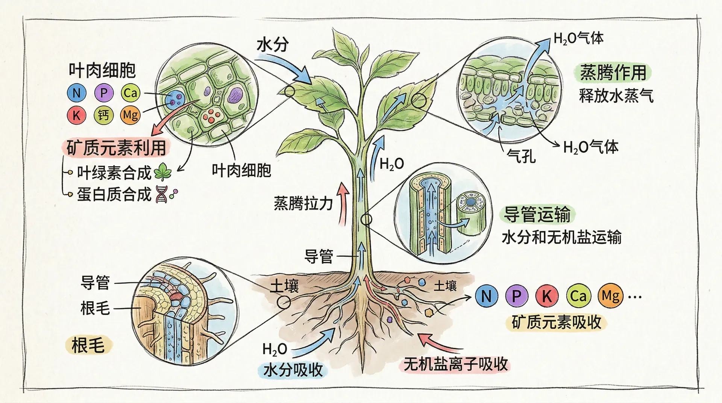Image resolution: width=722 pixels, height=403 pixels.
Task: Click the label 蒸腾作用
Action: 613,73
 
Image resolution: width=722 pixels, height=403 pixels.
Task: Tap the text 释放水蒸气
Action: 616,96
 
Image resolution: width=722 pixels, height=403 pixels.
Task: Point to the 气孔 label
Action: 521,155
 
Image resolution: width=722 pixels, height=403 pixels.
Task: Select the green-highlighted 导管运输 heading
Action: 537,214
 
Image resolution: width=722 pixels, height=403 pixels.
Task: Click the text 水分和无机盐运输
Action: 561,238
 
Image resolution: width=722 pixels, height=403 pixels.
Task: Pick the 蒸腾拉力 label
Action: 303,203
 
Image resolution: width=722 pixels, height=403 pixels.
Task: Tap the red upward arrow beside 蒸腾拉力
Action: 343,205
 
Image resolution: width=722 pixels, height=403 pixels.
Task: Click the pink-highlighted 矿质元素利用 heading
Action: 116,148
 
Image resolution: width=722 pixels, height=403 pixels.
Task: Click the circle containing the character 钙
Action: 103,115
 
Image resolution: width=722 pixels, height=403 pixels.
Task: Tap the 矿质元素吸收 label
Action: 557,322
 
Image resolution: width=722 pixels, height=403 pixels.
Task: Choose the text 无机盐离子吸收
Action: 455,364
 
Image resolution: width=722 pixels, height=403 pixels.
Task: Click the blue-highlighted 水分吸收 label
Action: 293,370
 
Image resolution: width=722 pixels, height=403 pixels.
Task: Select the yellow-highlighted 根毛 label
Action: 88,345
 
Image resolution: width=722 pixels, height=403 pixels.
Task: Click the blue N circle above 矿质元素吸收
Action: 486,296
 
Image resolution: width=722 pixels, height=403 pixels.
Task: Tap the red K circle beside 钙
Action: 76,115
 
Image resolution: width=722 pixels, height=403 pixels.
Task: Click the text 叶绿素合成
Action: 114,173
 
